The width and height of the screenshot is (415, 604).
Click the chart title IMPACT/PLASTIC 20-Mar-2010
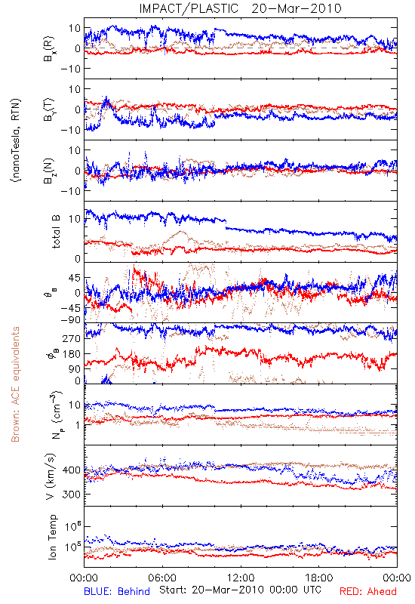[240, 8]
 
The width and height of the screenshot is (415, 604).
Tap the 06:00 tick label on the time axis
[162, 578]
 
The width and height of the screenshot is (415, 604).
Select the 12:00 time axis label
[241, 578]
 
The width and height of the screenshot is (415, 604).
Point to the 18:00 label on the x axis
[318, 578]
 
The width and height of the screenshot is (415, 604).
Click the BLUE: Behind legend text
[117, 591]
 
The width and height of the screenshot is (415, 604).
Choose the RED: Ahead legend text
[368, 591]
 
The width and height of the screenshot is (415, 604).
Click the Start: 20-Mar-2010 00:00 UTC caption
[240, 590]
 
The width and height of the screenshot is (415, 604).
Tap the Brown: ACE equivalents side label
[15, 384]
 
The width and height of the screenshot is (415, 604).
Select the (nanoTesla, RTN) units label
[16, 140]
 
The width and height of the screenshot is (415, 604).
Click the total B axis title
[56, 232]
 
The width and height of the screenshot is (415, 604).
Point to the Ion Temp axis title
[52, 537]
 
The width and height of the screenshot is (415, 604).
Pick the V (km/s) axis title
[51, 476]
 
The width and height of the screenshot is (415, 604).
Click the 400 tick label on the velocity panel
[72, 470]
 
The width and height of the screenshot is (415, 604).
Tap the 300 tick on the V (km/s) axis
[72, 495]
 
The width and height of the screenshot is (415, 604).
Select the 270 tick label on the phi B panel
[72, 338]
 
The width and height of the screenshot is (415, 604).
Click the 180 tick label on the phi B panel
[72, 353]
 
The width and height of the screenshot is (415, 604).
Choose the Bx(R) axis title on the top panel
[49, 49]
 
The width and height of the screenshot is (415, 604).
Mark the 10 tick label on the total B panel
[75, 219]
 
